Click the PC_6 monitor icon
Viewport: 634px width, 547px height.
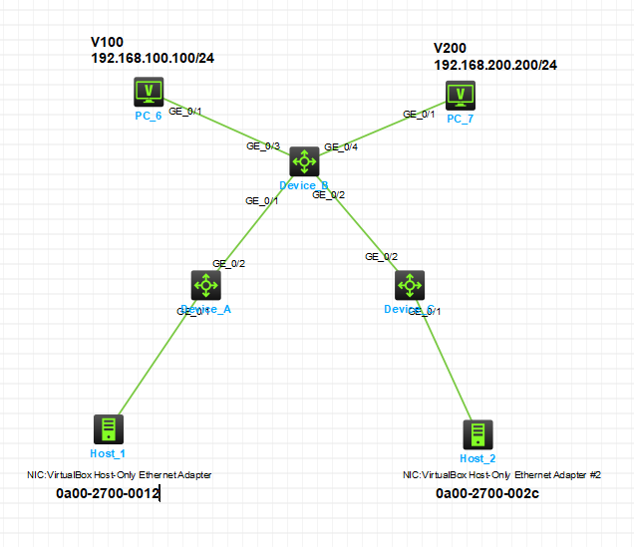click(x=150, y=94)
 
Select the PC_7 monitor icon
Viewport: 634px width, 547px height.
click(x=460, y=95)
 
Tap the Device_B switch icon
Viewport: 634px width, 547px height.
click(x=304, y=161)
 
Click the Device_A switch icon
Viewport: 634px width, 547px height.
click(x=206, y=285)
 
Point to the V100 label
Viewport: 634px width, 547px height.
click(x=108, y=42)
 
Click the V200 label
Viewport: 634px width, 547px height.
click(x=450, y=48)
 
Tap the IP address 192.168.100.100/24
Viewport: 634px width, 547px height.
click(x=153, y=58)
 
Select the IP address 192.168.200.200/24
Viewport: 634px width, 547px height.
click(x=495, y=65)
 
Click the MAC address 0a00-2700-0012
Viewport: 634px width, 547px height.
click(x=108, y=493)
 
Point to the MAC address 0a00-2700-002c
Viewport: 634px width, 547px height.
click(x=487, y=493)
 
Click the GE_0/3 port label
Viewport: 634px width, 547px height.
click(x=263, y=146)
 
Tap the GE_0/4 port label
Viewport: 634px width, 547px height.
click(x=341, y=146)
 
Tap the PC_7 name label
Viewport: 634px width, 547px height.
click(x=461, y=120)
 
